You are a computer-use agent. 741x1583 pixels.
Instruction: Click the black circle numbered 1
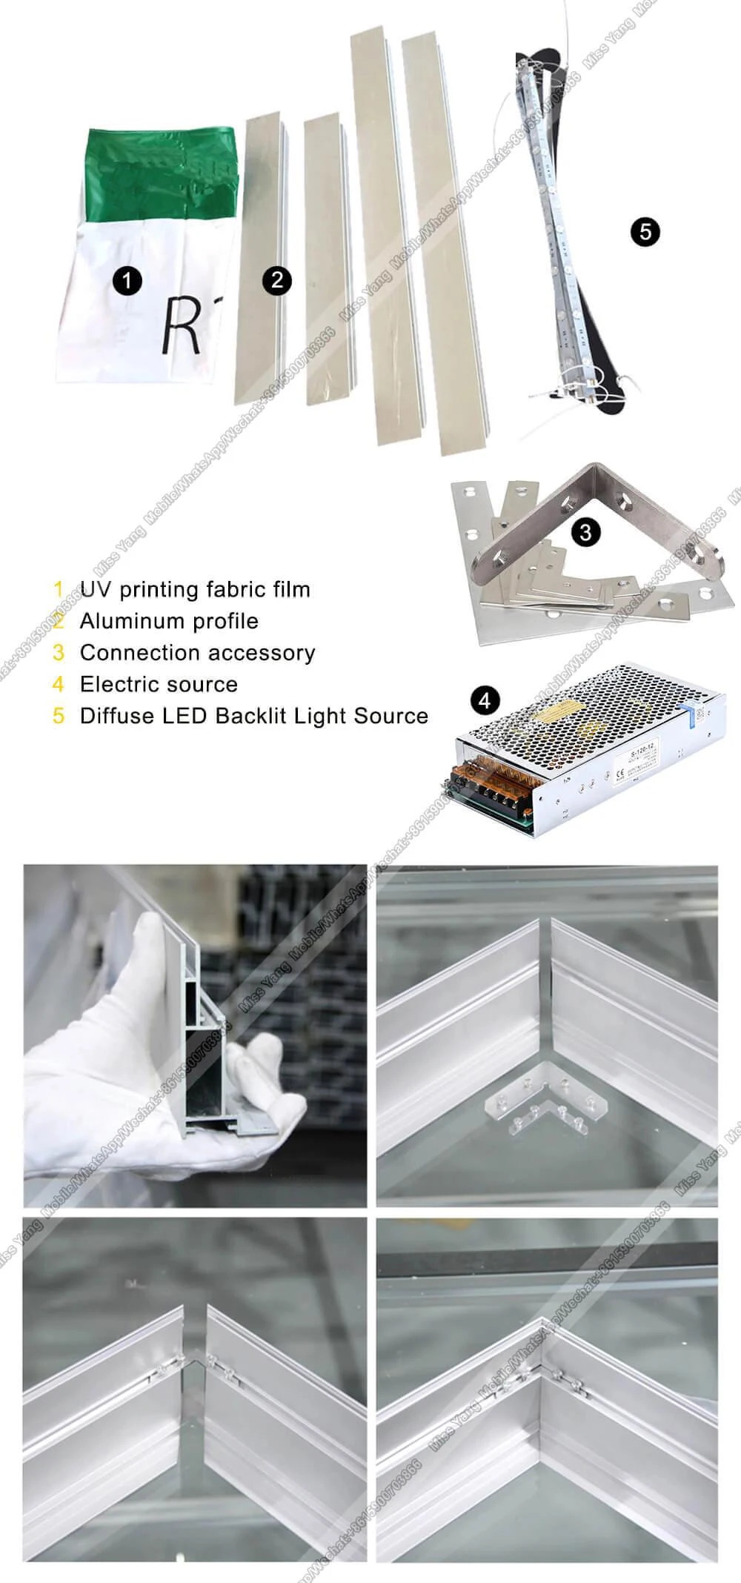click(127, 281)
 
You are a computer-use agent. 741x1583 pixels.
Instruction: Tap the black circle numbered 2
click(277, 280)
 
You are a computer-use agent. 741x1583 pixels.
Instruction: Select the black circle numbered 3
click(585, 531)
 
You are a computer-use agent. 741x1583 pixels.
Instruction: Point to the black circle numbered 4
click(485, 700)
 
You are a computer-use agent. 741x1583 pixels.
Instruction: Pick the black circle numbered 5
click(645, 232)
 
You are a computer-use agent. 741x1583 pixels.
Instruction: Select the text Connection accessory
click(197, 653)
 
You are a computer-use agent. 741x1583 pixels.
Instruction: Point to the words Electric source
click(159, 684)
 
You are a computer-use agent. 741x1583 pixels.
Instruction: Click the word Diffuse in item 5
click(111, 716)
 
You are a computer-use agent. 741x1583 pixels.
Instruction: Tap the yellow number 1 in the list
click(59, 590)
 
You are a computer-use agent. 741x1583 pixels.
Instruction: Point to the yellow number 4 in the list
click(59, 684)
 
